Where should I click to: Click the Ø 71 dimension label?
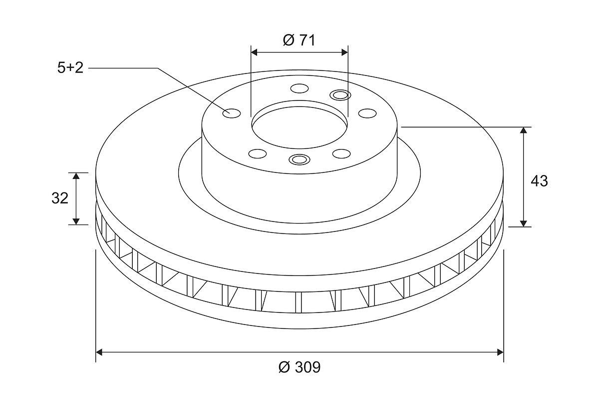tap(299, 40)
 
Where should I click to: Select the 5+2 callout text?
tap(70, 67)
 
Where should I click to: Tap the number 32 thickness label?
tap(60, 198)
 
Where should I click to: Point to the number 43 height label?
tap(539, 181)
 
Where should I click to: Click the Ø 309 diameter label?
tap(299, 367)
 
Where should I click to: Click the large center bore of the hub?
tap(299, 127)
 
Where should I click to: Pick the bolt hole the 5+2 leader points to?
tap(232, 113)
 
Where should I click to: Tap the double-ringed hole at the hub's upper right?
tap(340, 94)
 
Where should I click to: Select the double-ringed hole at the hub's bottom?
tap(299, 159)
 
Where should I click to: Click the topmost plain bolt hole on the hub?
tap(299, 88)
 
